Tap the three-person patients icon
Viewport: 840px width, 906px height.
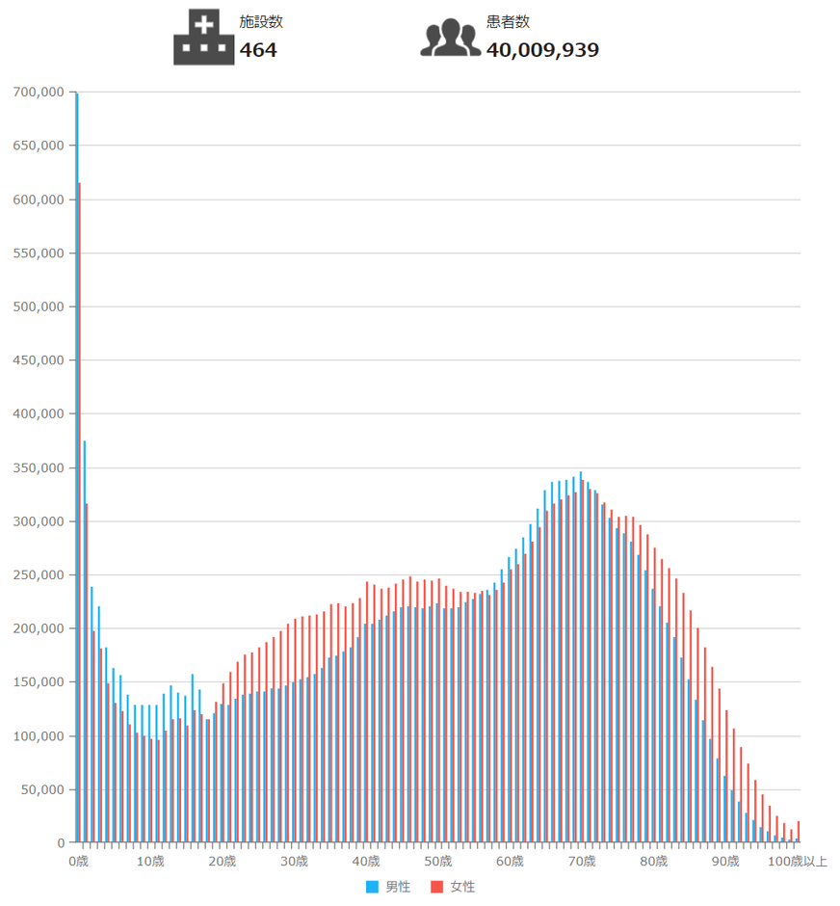(450, 39)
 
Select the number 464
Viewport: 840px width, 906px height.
(258, 50)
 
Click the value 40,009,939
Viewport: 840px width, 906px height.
(542, 50)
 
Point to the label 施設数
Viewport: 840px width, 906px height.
(261, 22)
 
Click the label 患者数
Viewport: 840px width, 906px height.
(508, 22)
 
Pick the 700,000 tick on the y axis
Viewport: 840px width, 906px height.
(39, 93)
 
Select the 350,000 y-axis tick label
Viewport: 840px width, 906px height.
(39, 468)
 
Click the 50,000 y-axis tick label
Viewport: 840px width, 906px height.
(42, 790)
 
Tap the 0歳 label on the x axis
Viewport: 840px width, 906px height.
(78, 861)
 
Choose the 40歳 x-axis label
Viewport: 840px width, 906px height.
(366, 861)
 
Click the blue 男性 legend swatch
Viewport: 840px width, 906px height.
(372, 887)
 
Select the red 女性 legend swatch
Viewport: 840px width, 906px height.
(436, 887)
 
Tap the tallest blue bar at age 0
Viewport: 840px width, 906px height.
(76, 463)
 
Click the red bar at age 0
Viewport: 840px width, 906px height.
(80, 511)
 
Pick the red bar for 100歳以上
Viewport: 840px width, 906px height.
(799, 833)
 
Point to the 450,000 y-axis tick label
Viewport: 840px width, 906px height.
(39, 360)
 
